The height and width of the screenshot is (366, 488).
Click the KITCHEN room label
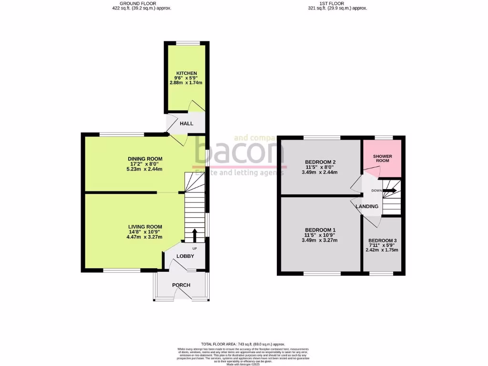pos(186,73)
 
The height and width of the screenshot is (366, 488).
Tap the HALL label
pos(186,123)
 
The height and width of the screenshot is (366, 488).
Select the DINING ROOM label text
pos(145,159)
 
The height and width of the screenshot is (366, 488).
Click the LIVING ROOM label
pos(145,227)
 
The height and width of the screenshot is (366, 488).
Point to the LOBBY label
pos(185,256)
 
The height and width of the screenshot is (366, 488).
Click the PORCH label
pos(181,285)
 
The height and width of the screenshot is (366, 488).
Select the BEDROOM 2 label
pos(320,163)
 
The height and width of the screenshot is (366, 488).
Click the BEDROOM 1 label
pos(320,230)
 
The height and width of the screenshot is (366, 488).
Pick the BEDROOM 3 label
pos(382,240)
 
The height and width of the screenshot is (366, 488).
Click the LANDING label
pos(367,206)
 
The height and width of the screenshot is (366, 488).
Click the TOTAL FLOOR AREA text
pos(243,344)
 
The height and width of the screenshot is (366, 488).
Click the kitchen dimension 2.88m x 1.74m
pos(186,83)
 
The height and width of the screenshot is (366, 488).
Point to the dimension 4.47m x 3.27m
pos(145,237)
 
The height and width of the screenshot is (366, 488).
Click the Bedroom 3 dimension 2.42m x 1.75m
pos(382,250)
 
